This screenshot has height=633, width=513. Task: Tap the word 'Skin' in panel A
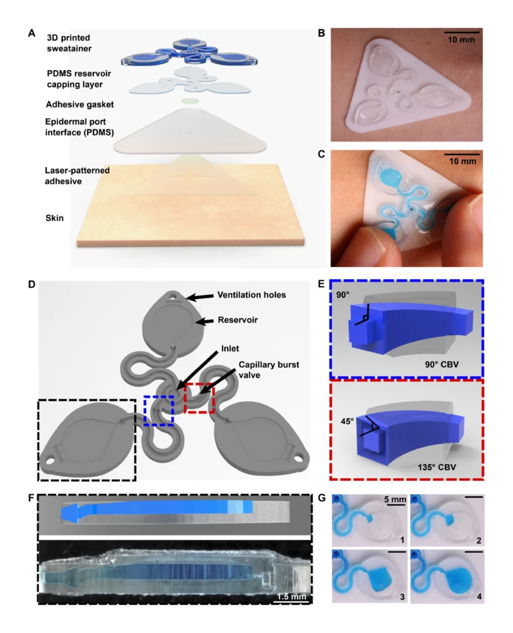tap(55, 217)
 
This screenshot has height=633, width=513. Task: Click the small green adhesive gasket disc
tap(190, 100)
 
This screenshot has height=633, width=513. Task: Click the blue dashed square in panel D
tap(159, 410)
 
